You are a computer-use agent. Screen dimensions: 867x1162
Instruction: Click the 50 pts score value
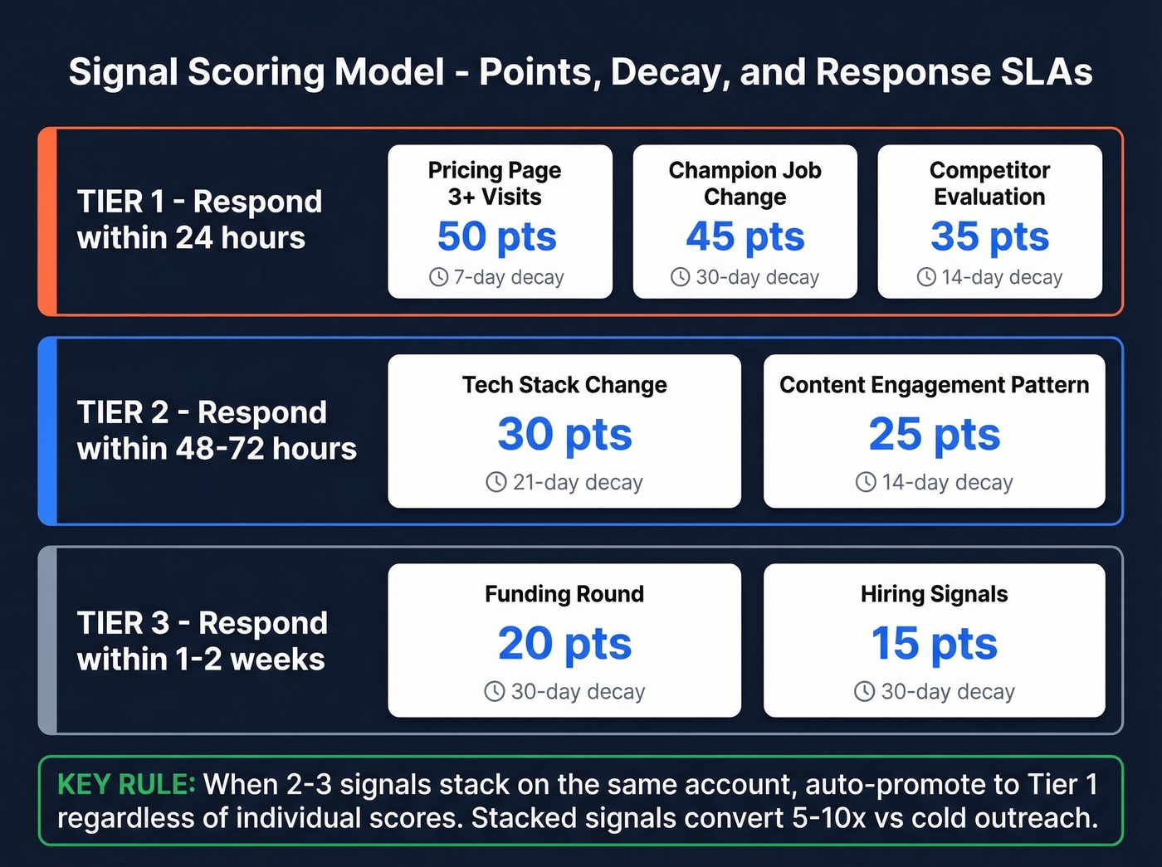pyautogui.click(x=496, y=236)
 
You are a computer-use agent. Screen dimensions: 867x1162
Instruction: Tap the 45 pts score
pyautogui.click(x=745, y=236)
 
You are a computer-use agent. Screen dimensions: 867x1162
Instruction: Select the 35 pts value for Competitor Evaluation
pyautogui.click(x=989, y=236)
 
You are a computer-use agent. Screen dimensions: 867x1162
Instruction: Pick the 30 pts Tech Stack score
pyautogui.click(x=564, y=434)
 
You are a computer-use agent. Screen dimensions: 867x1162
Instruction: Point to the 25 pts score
pyautogui.click(x=934, y=434)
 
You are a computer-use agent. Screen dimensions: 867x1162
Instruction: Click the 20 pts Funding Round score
pyautogui.click(x=564, y=643)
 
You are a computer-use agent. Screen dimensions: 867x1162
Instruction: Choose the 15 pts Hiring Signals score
pyautogui.click(x=934, y=643)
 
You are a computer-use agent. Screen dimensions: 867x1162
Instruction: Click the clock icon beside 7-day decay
pyautogui.click(x=438, y=277)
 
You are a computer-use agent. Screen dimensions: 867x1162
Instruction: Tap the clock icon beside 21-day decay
pyautogui.click(x=496, y=482)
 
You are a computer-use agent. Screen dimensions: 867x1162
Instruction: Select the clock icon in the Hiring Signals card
pyautogui.click(x=864, y=691)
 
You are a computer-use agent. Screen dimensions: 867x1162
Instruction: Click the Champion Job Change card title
pyautogui.click(x=745, y=183)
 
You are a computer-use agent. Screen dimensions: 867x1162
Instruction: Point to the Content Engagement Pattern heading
pyautogui.click(x=934, y=385)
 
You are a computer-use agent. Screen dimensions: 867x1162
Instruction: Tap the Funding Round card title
pyautogui.click(x=564, y=594)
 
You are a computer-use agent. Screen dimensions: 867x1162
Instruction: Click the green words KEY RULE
pyautogui.click(x=126, y=784)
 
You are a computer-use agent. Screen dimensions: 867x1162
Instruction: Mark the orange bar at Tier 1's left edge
pyautogui.click(x=48, y=222)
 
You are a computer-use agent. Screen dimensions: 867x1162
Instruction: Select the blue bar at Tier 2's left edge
pyautogui.click(x=48, y=431)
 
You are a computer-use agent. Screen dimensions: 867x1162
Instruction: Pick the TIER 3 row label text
pyautogui.click(x=202, y=641)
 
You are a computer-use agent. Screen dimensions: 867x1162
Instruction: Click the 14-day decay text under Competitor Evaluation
pyautogui.click(x=1001, y=277)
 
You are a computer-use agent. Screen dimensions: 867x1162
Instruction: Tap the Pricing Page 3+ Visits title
pyautogui.click(x=495, y=183)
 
